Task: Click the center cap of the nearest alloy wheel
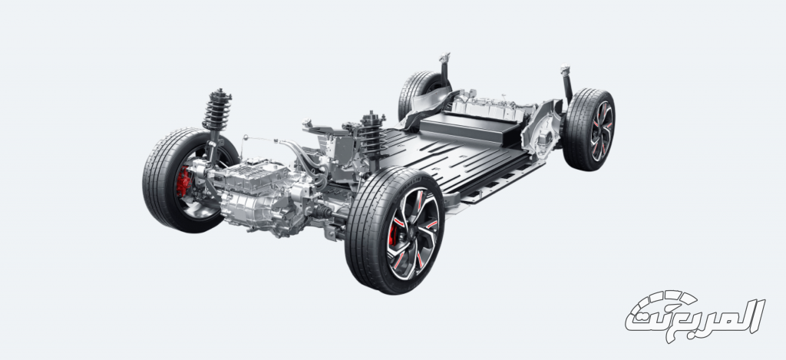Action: tap(413, 233)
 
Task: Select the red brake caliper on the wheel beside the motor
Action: tap(183, 181)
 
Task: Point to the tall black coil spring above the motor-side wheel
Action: tap(216, 111)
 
